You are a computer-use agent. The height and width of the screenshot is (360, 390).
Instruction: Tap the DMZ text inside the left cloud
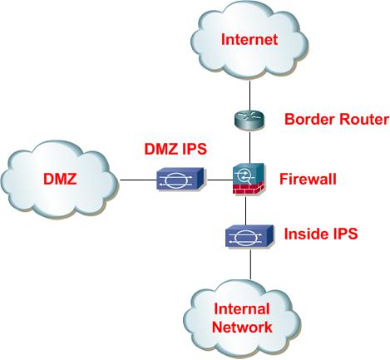click(x=62, y=179)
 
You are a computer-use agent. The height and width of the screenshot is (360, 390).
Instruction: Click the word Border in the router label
click(x=308, y=120)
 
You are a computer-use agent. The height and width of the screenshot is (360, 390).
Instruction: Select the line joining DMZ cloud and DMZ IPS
click(x=137, y=179)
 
